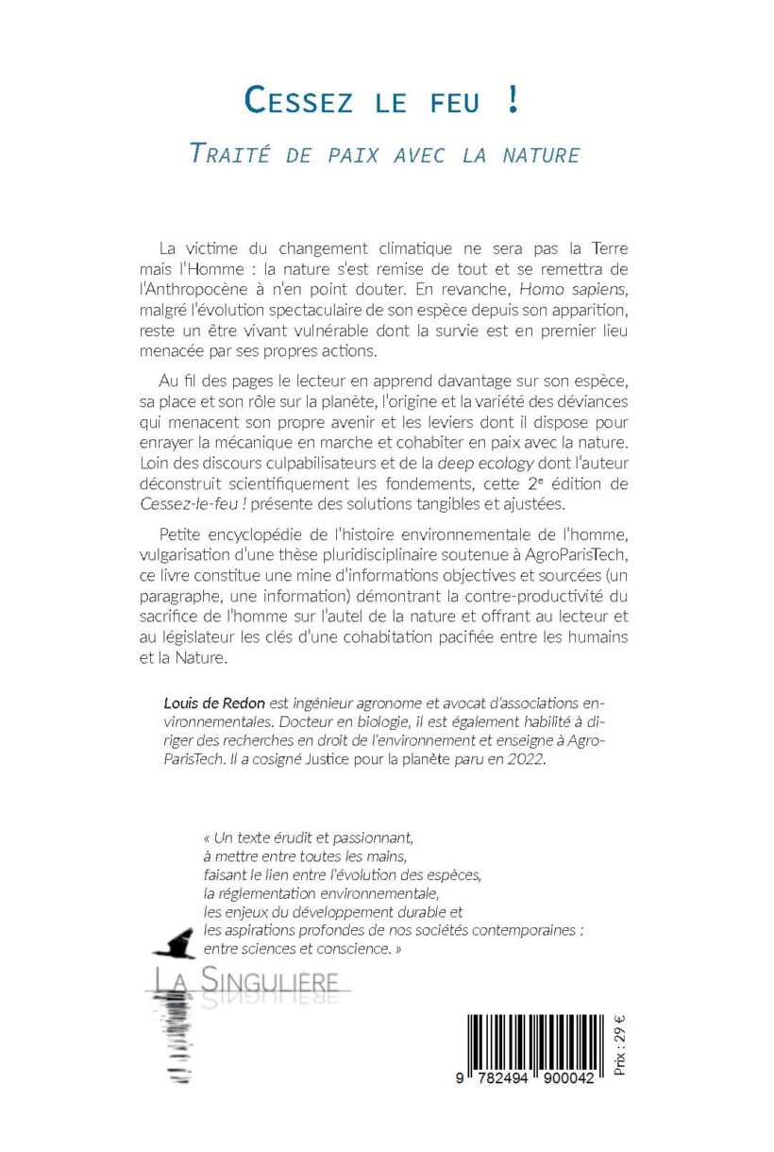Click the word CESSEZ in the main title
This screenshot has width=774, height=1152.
tap(298, 100)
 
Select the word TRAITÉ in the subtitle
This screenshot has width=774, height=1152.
tap(230, 153)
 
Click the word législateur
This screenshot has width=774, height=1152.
tap(214, 638)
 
